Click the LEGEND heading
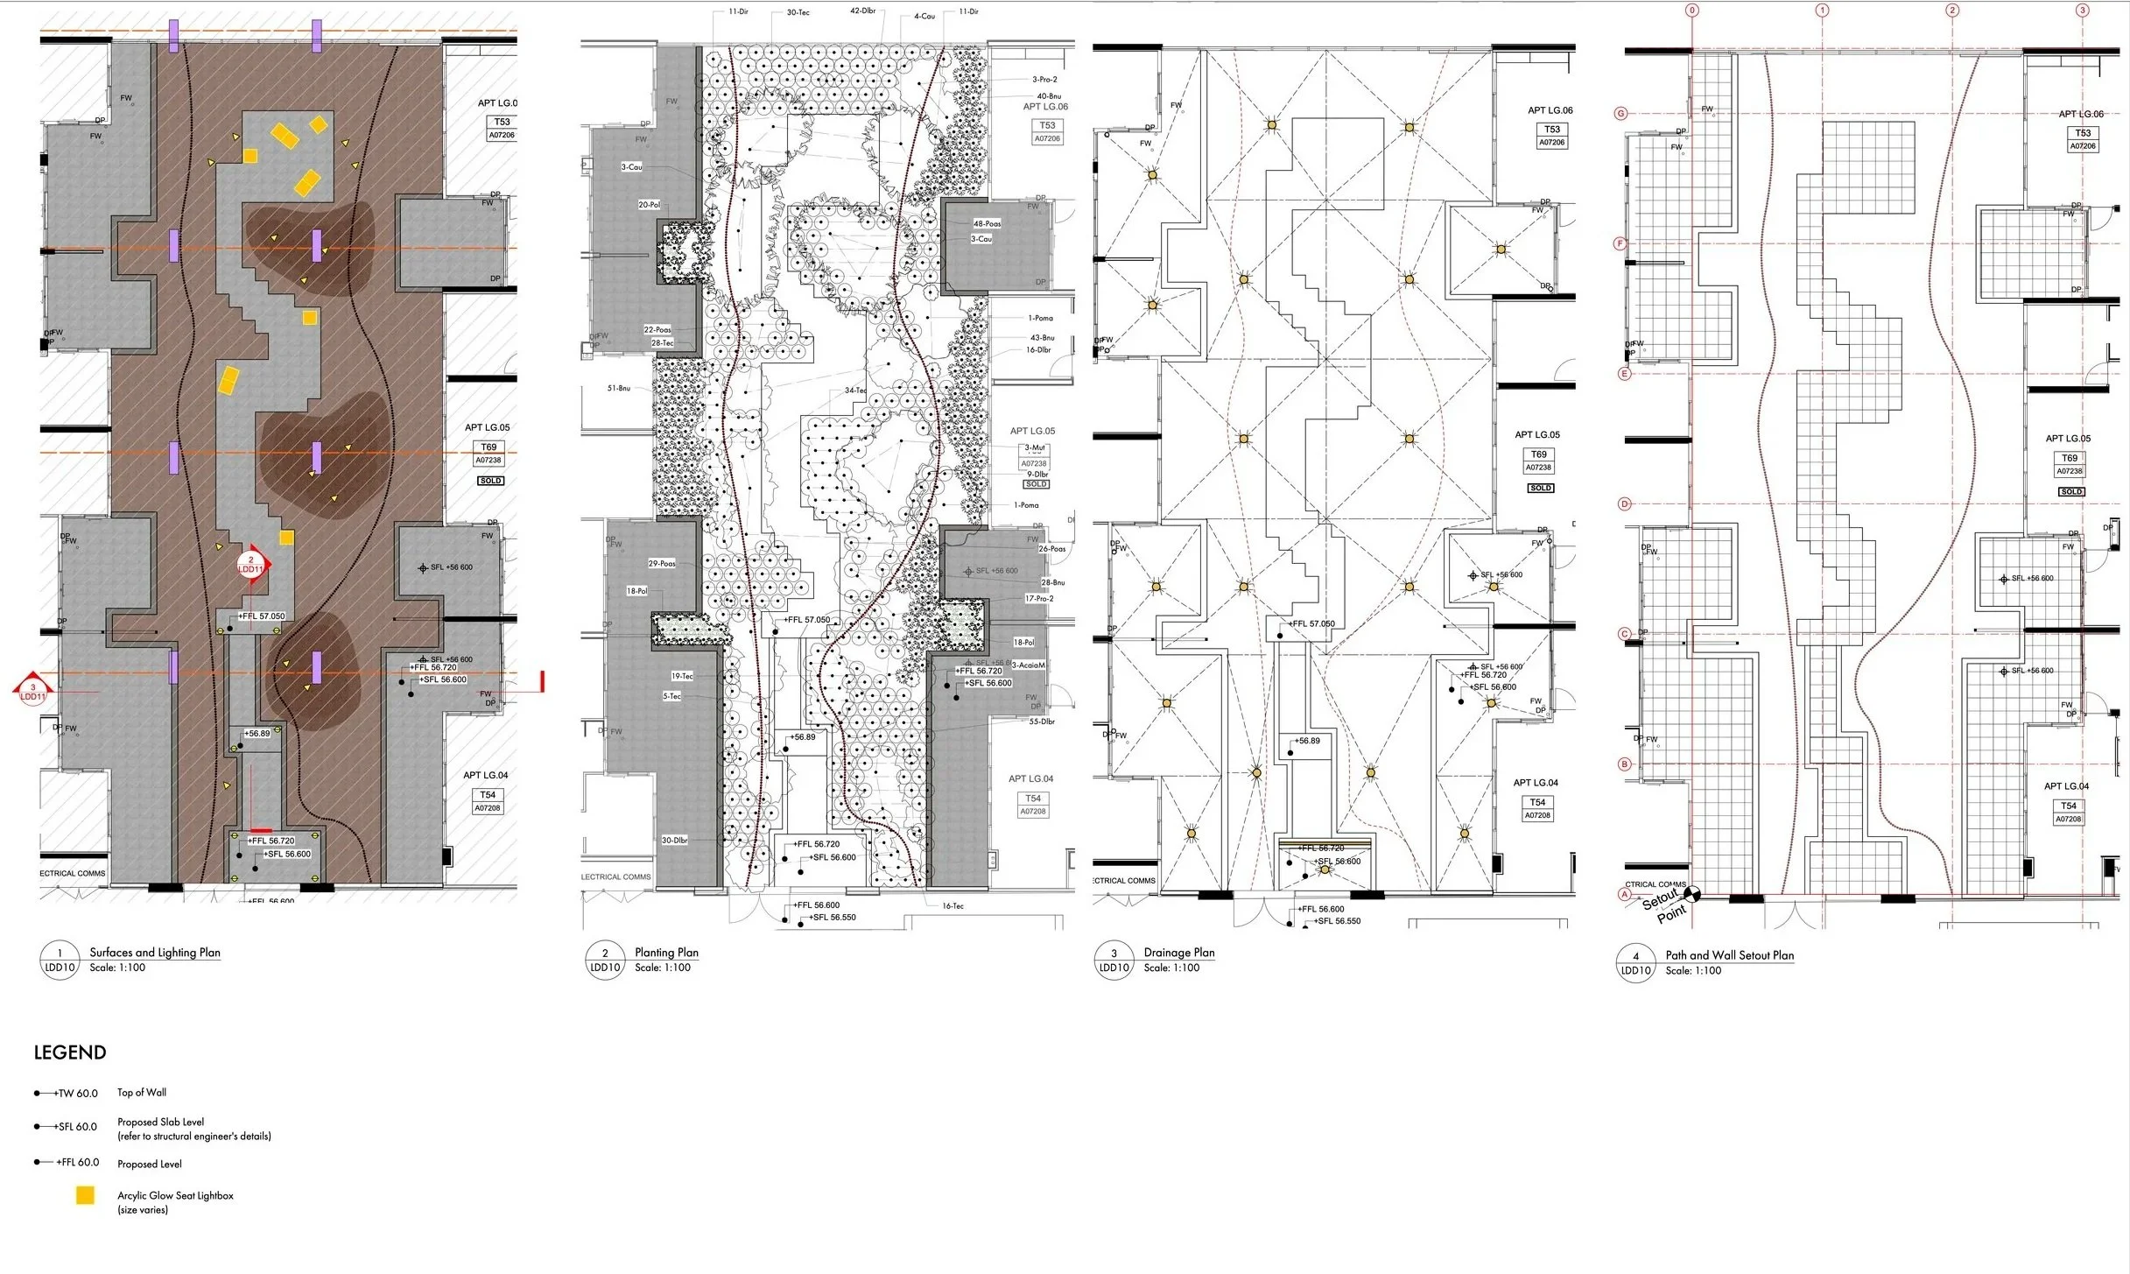(x=70, y=1052)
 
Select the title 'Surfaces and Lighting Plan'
(x=155, y=953)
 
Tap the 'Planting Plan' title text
(x=666, y=953)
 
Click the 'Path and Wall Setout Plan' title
(x=1729, y=955)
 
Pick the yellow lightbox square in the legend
(x=85, y=1195)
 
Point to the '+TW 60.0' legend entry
(x=76, y=1094)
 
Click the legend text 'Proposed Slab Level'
(x=161, y=1122)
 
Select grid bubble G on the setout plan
(x=1621, y=114)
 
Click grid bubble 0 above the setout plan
(x=1692, y=11)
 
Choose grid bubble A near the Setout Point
(x=1625, y=895)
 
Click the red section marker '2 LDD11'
(x=251, y=565)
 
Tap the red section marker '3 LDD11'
(x=32, y=693)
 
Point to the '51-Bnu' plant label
(x=618, y=388)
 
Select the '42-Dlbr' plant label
(x=862, y=11)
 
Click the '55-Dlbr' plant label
(x=1042, y=721)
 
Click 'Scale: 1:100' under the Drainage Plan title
(x=1171, y=968)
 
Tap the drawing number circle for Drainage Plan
(x=1114, y=961)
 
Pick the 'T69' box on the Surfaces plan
(x=489, y=447)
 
